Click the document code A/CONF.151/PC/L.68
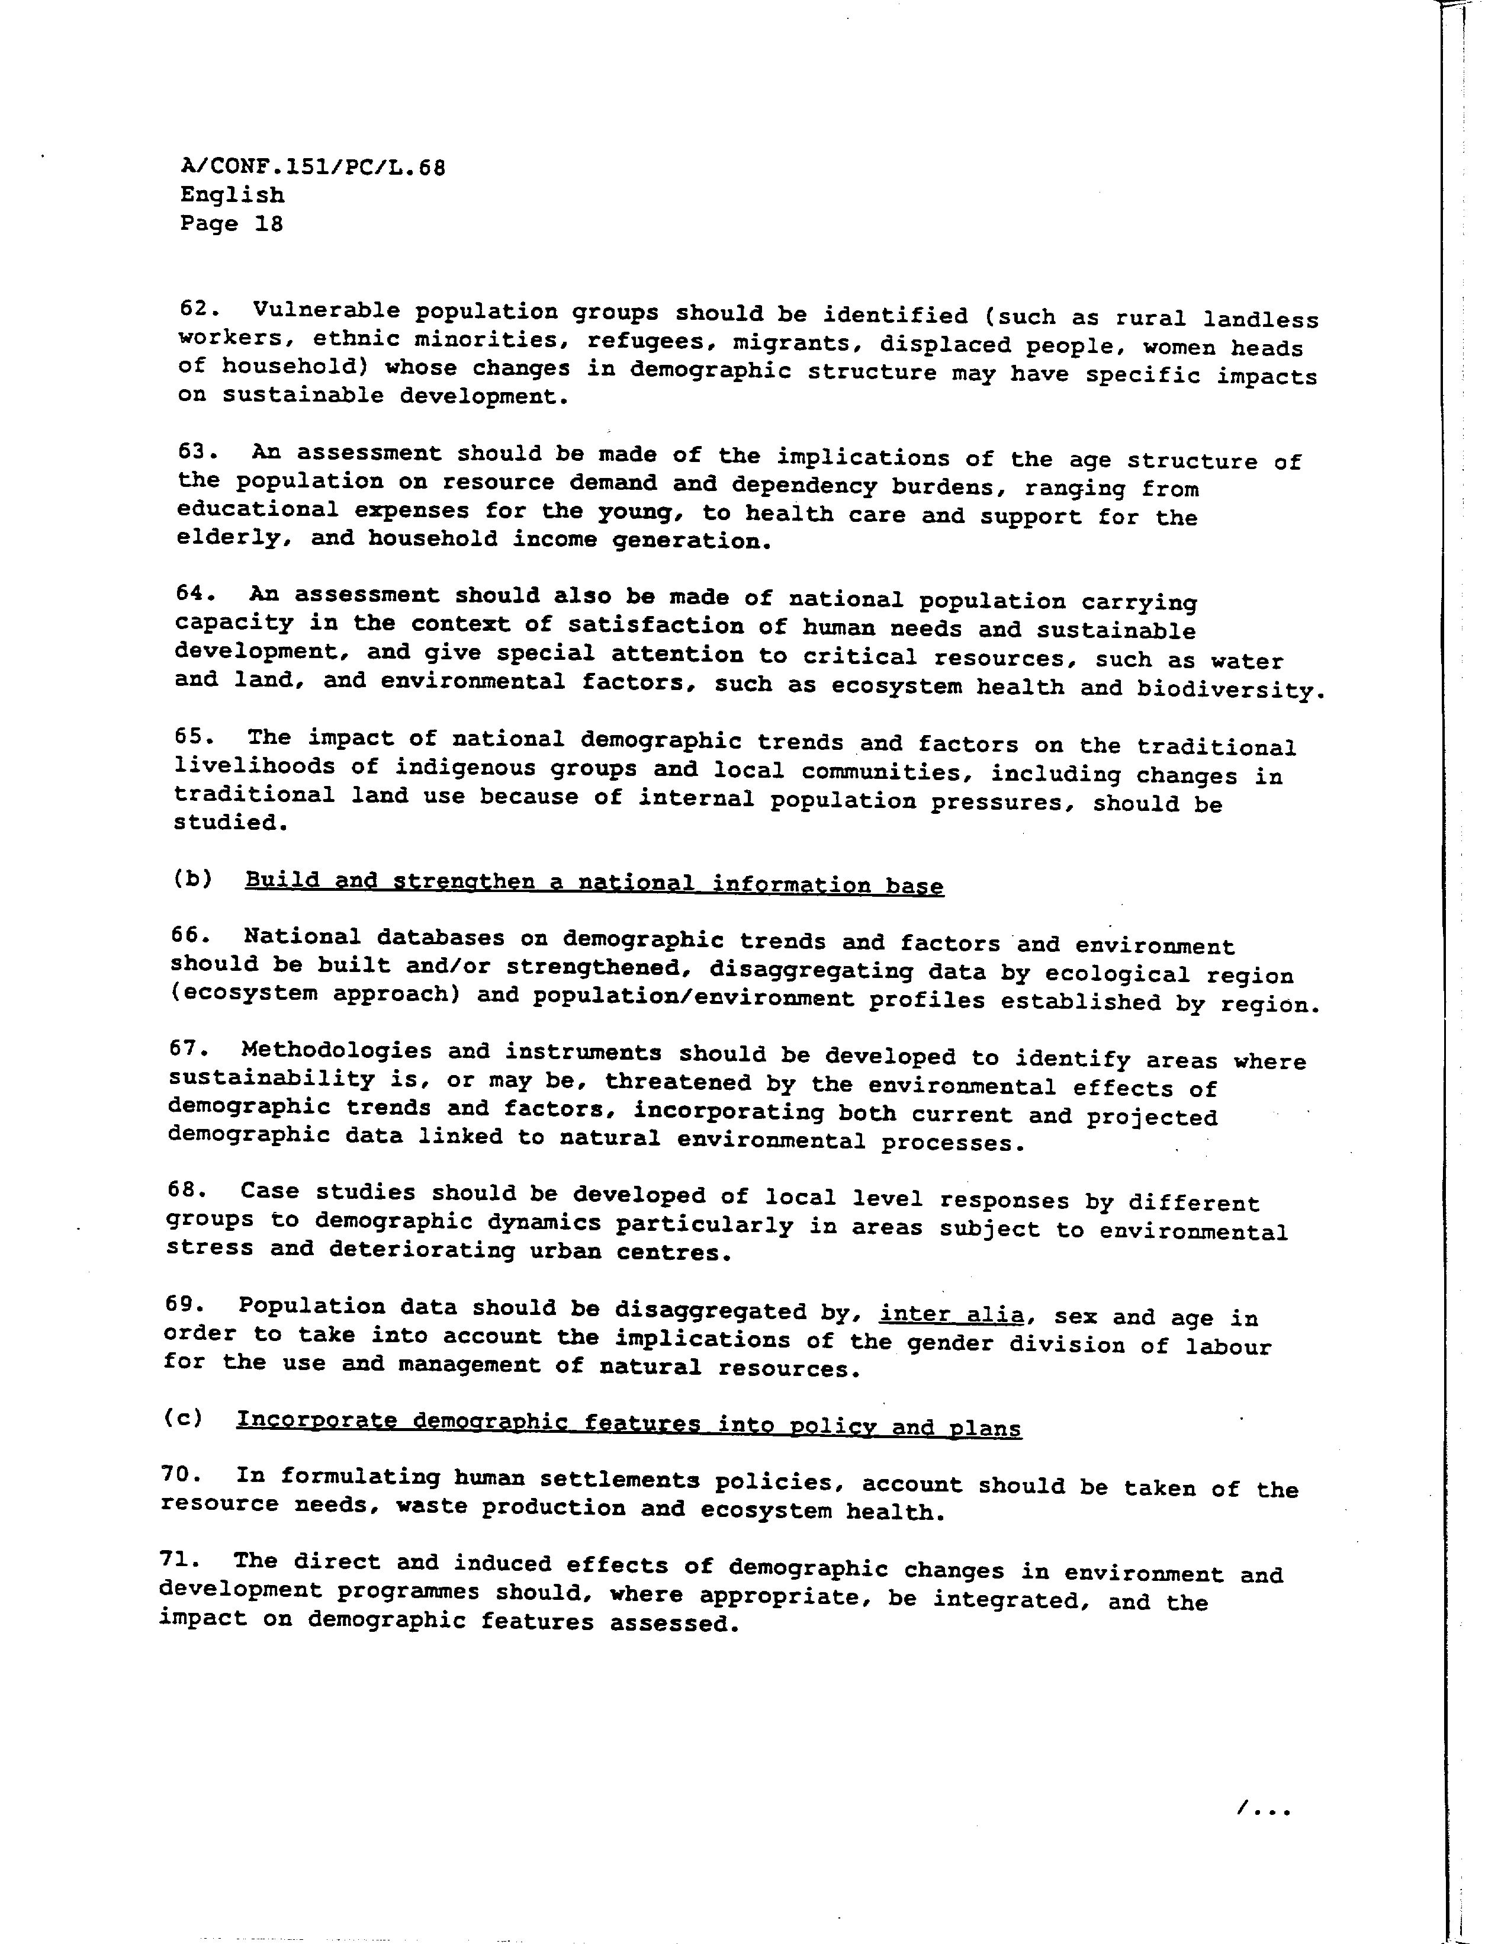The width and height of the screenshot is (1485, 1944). [x=312, y=167]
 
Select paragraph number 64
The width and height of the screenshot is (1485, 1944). [x=190, y=594]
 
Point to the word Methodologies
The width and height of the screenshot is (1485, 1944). [x=335, y=1051]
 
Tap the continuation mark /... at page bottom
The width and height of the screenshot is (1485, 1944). [x=1264, y=1808]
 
